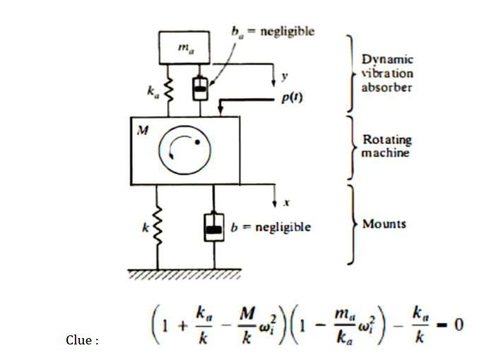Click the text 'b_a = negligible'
point(273,31)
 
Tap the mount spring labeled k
point(158,227)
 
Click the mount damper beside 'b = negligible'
point(213,228)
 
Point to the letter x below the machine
point(287,203)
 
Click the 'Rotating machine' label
point(386,146)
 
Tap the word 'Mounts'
point(384,224)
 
